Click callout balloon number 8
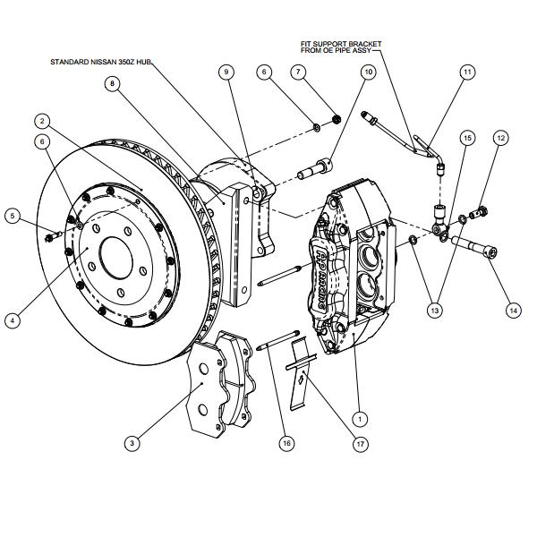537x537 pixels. tap(113, 83)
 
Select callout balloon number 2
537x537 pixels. tap(42, 121)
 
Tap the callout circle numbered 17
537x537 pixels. tap(361, 444)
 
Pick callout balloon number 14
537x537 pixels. tap(514, 311)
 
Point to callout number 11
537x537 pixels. tap(467, 72)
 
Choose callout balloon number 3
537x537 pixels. tap(132, 443)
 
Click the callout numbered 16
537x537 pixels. tap(286, 443)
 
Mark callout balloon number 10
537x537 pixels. tap(368, 72)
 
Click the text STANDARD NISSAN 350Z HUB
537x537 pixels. tap(100, 62)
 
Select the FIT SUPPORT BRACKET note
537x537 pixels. tap(341, 47)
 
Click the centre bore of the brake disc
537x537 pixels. tap(116, 260)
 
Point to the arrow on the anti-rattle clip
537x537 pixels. tap(301, 379)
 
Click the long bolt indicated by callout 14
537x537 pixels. tap(474, 246)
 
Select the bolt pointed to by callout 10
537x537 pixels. tap(315, 169)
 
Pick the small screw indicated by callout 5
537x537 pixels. tap(54, 236)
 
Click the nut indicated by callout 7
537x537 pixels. tap(337, 119)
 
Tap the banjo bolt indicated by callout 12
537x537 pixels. tap(479, 212)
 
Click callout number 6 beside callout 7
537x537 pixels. tap(264, 72)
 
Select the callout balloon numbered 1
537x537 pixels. tap(360, 419)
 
